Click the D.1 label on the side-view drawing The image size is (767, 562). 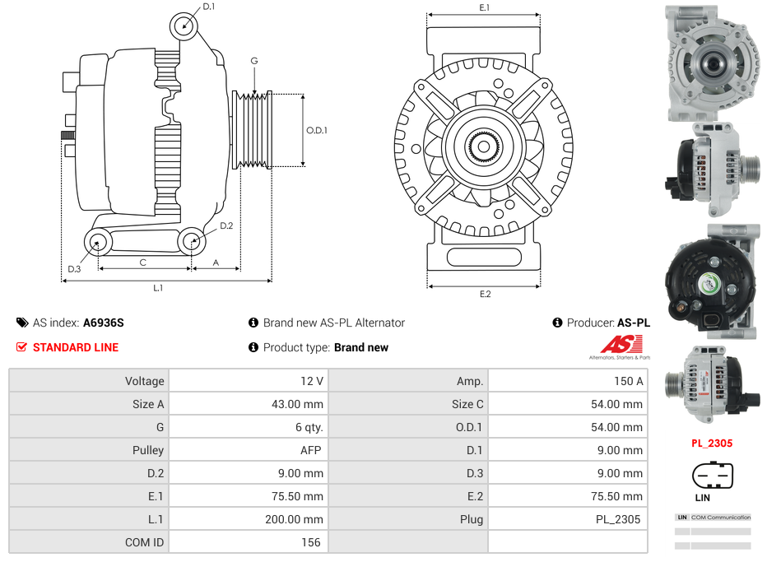point(208,7)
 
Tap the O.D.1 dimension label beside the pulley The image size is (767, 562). point(317,130)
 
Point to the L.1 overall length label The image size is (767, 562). point(158,288)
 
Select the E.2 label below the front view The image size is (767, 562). point(485,295)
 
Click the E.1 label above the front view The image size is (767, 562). point(485,7)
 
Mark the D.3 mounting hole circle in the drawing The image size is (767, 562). point(98,242)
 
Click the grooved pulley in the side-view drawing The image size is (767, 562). point(252,130)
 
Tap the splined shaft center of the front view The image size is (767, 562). point(484,147)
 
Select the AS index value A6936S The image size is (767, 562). point(104,323)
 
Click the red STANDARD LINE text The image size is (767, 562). point(76,348)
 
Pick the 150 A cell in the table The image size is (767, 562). point(628,381)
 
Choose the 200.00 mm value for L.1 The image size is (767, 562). point(295,519)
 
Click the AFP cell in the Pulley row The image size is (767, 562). point(311,450)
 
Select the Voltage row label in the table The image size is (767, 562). point(145,381)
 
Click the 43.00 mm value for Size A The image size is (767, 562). point(297,404)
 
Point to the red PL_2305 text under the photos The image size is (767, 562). point(712,444)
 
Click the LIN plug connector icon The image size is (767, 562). point(713,475)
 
